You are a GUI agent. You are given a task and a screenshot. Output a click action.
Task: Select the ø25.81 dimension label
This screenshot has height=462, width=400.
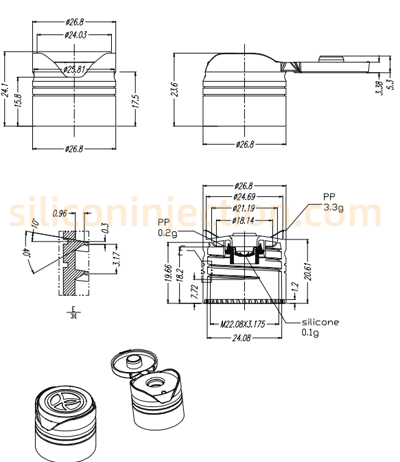point(74,69)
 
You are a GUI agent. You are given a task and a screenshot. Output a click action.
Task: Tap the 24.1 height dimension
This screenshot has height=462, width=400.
point(5,89)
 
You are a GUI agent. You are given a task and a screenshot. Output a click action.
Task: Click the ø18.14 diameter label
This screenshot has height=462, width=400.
point(244,220)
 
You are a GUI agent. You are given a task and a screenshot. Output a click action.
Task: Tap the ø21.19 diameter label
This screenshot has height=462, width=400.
point(244,208)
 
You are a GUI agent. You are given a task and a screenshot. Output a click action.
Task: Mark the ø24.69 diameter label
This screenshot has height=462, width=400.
point(244,197)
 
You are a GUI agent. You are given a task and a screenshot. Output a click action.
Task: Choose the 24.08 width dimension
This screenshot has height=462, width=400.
point(244,337)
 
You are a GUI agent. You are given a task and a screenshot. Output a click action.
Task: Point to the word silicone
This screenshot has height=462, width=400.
point(320,322)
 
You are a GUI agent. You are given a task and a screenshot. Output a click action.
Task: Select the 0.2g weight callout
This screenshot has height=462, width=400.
point(167,233)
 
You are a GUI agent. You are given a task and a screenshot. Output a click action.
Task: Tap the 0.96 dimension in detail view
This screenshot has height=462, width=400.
point(61,213)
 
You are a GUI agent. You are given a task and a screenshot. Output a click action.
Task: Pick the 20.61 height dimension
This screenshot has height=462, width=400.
point(309,270)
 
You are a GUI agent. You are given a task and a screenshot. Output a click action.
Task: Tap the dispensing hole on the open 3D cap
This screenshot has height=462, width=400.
point(155,382)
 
